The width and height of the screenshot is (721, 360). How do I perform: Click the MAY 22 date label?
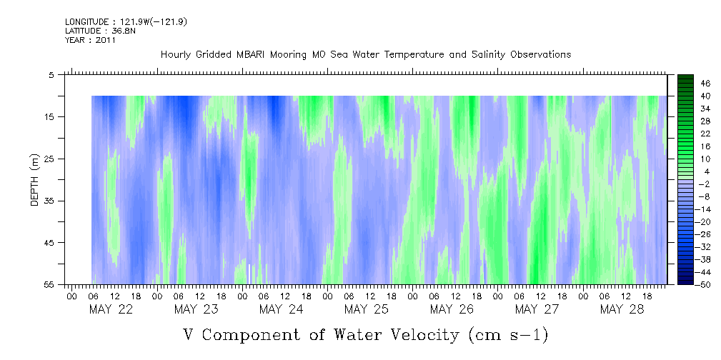tap(111, 309)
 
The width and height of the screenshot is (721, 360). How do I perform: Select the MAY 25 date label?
tap(366, 309)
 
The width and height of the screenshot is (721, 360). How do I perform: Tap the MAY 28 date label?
tap(622, 309)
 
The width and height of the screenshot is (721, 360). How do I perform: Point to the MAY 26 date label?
tap(452, 309)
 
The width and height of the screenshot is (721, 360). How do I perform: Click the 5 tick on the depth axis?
tap(51, 74)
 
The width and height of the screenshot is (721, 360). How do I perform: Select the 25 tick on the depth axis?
tap(50, 159)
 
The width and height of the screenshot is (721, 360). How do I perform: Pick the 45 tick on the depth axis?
tap(50, 243)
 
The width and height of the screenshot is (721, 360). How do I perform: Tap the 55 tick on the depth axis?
tap(50, 284)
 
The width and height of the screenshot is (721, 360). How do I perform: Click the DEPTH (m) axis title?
tap(34, 179)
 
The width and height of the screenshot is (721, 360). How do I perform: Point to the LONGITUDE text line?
tap(126, 22)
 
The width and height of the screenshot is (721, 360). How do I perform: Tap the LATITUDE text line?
tap(95, 31)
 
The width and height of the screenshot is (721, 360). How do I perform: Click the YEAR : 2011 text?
tap(90, 41)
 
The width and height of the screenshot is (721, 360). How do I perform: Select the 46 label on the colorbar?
tap(706, 84)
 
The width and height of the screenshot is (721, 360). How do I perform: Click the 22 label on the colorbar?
tap(706, 134)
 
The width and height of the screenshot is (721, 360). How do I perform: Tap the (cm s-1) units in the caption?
tap(508, 334)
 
